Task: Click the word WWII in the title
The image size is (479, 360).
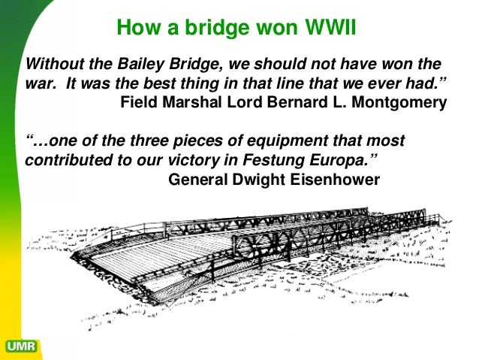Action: pyautogui.click(x=328, y=28)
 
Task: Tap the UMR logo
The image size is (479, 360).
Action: pyautogui.click(x=21, y=346)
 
